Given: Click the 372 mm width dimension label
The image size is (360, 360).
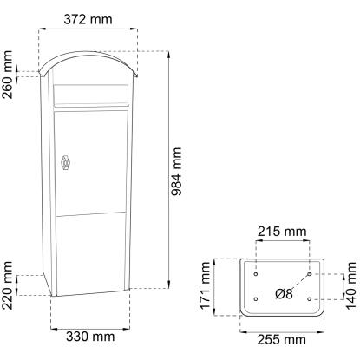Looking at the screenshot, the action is tap(88, 20).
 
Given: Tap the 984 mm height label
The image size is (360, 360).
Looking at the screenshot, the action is tap(176, 172).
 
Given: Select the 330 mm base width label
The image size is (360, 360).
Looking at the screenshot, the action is tap(90, 337).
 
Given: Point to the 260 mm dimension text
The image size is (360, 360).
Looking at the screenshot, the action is tap(7, 75).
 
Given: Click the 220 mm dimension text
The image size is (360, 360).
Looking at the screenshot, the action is tap(7, 285).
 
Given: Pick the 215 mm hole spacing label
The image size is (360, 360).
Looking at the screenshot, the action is tap(282, 232).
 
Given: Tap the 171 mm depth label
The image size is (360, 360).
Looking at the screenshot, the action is tap(205, 285).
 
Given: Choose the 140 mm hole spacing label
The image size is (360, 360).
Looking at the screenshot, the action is tap(351, 285).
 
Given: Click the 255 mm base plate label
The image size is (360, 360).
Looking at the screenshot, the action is tap(282, 340).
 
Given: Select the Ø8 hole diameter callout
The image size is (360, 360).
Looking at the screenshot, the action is tap(284, 294).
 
